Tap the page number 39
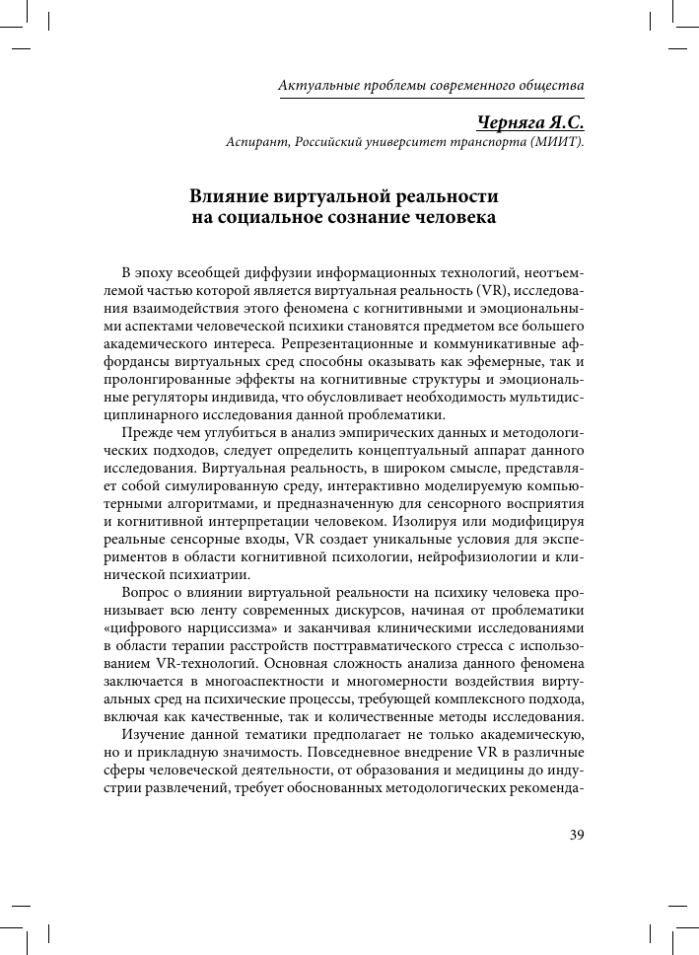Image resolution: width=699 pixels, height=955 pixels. (x=578, y=834)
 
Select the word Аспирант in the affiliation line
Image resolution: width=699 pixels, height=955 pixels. (x=257, y=142)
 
